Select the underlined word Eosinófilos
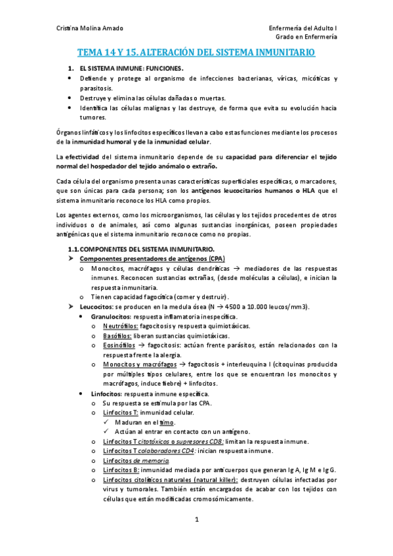coord(119,344)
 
